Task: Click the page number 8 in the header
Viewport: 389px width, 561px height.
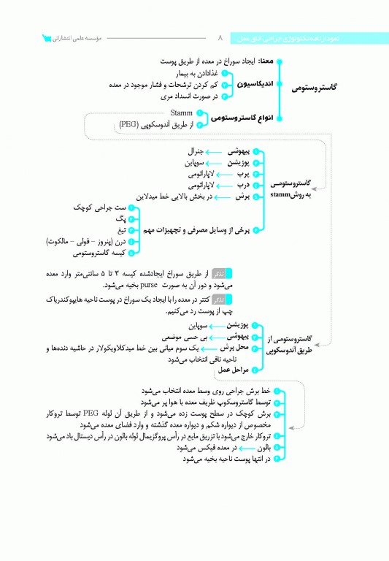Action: tap(219, 37)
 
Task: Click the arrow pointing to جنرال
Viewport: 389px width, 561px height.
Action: tap(213, 150)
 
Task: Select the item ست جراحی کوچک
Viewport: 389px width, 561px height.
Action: tap(102, 207)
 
